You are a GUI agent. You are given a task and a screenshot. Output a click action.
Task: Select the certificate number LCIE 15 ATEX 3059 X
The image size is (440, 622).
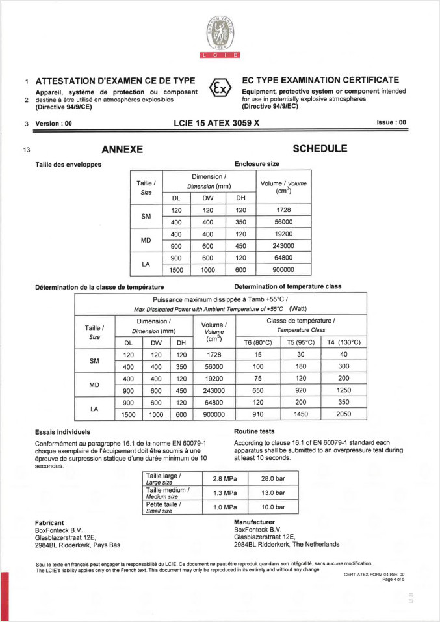tap(217, 122)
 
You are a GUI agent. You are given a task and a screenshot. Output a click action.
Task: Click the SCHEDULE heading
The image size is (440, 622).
tap(320, 149)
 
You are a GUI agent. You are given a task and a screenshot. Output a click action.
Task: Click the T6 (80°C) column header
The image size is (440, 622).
tap(258, 342)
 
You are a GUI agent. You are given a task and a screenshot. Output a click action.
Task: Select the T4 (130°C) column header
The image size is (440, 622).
tap(344, 342)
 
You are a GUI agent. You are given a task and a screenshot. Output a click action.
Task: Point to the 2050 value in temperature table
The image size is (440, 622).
tap(344, 414)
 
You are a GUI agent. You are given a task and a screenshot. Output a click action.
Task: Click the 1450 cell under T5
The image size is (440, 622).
tap(301, 414)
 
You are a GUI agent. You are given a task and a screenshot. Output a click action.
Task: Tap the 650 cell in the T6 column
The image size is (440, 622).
tap(258, 390)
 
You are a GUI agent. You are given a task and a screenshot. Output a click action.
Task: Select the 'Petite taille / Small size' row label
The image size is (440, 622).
tap(164, 507)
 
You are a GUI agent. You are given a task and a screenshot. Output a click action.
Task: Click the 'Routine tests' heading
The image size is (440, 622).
tap(254, 431)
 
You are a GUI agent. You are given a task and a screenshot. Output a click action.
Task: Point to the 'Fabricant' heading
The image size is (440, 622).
tap(49, 522)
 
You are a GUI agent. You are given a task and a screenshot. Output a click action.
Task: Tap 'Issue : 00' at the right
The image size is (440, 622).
tap(391, 122)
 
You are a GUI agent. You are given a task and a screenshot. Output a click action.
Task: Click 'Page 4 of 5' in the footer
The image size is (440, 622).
tap(393, 580)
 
